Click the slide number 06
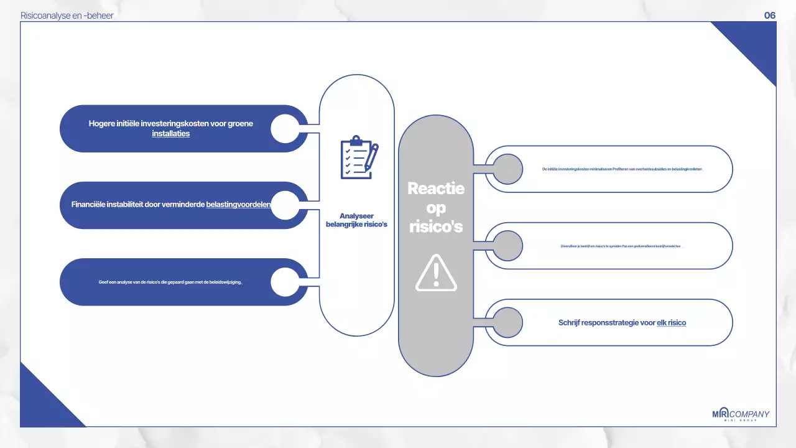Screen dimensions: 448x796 point(770,16)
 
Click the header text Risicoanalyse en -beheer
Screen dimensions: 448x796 point(67,16)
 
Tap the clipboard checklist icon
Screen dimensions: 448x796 point(359,157)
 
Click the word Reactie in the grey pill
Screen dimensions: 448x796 point(436,188)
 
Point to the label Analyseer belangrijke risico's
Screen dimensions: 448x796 point(356,220)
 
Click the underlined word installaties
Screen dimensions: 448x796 point(171,134)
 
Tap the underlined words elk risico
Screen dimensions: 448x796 point(671,323)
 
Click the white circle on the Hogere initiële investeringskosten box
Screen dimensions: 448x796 point(285,128)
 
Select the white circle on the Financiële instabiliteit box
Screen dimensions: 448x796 point(285,205)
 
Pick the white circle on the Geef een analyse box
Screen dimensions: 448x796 point(285,282)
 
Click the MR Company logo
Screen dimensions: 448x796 point(740,415)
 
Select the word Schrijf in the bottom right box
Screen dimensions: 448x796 point(570,323)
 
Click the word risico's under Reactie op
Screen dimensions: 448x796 point(436,227)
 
